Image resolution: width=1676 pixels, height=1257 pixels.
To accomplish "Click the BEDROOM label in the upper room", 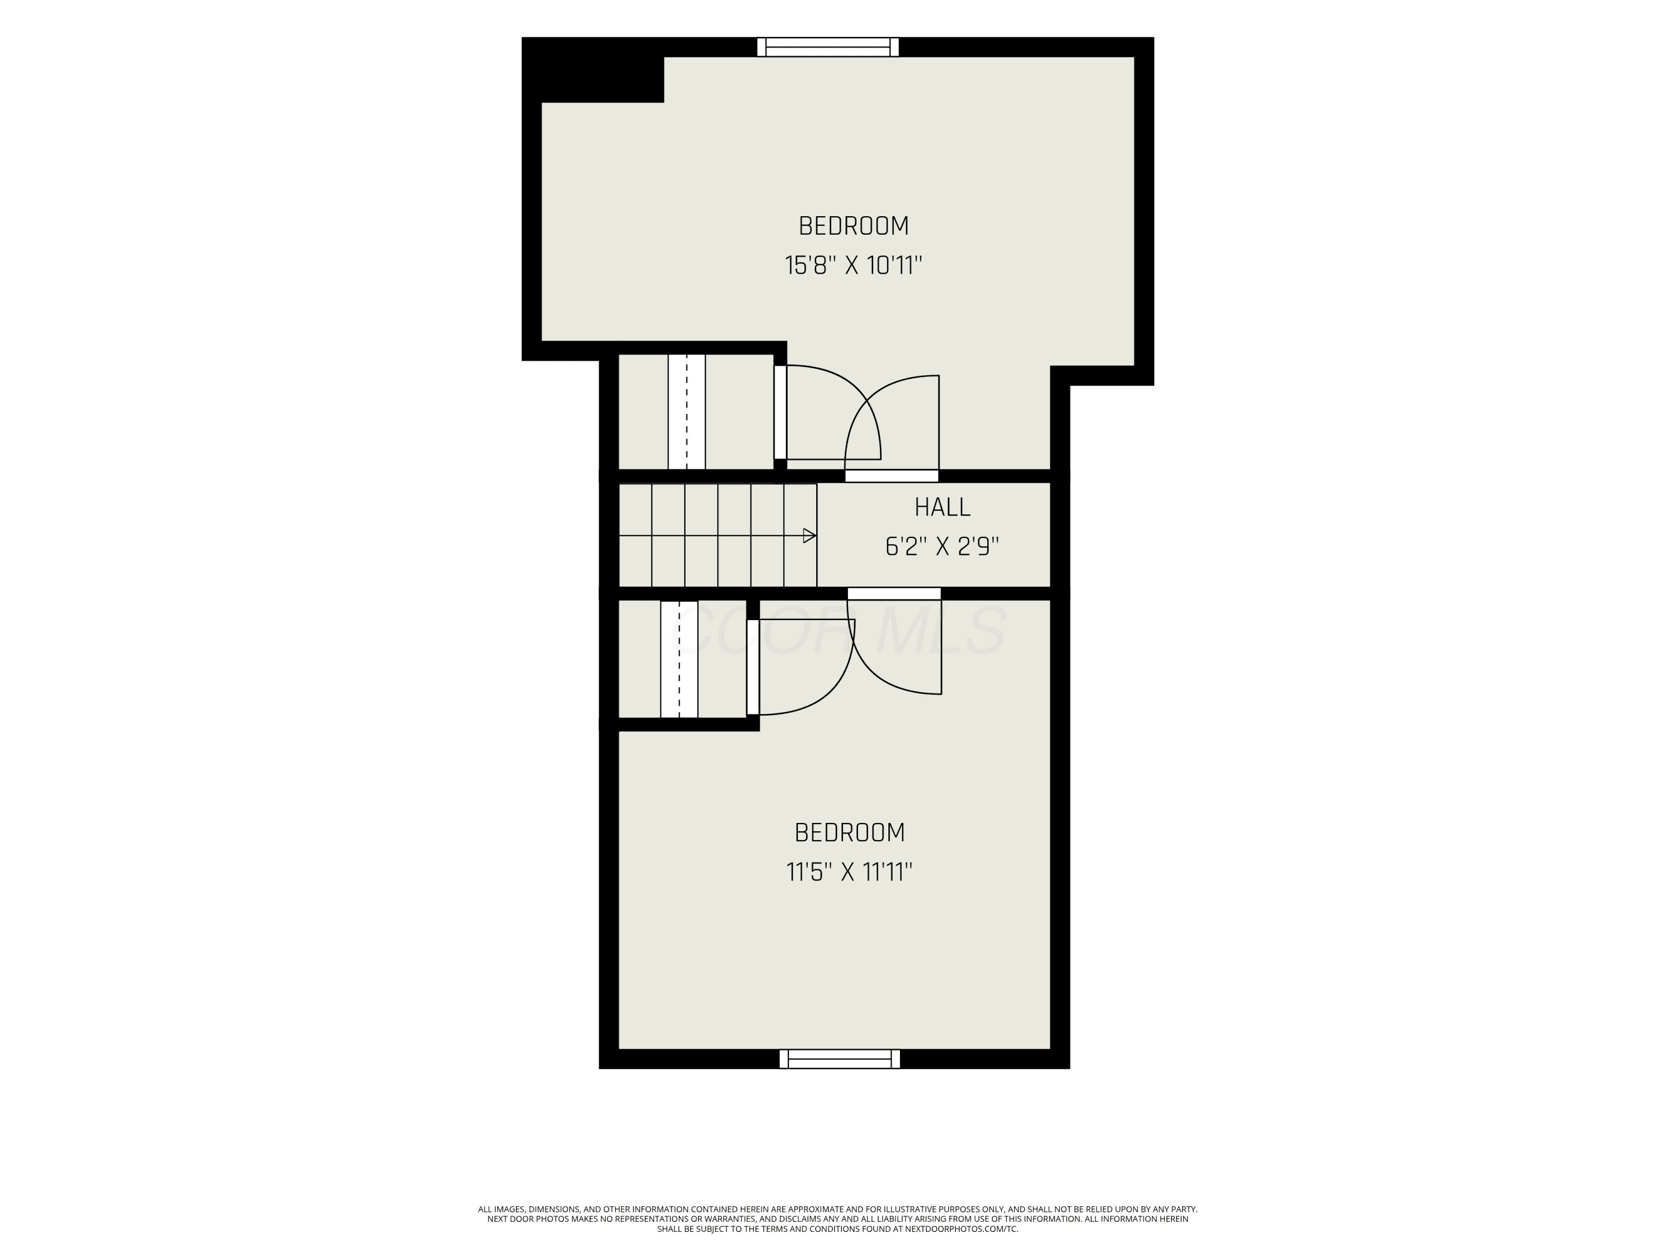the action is coord(853,226).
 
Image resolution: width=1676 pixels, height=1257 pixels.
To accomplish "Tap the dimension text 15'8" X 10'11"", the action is coord(853,266).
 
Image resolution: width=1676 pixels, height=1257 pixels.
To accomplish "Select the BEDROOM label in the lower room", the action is coord(849,833).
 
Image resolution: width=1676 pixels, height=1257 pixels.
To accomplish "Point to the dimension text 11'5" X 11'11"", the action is coord(849,872).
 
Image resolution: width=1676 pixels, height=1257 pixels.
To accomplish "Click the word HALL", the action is coord(942,508).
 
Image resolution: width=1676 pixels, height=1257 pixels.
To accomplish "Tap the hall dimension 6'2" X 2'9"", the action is coord(942,546).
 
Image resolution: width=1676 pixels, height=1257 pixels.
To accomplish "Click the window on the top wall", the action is coord(828,47).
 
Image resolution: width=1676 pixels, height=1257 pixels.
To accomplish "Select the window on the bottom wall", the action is coord(840,1059).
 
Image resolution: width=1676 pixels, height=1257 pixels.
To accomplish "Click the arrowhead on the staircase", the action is coord(809,536).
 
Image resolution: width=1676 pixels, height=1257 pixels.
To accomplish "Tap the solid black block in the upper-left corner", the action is coord(593,70).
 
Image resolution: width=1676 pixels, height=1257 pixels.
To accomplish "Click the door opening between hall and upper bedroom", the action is coord(892,476).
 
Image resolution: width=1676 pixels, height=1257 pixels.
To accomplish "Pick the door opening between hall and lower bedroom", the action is coord(894,593).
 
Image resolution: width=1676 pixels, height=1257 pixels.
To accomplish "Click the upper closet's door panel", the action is coord(780,412).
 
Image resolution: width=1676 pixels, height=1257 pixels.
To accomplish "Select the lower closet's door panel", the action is coord(753,666).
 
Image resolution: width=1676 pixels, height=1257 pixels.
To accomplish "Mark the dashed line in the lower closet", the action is coord(679,659).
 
